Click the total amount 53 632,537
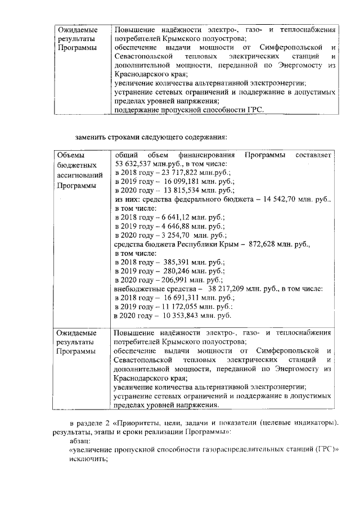[x=133, y=164]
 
